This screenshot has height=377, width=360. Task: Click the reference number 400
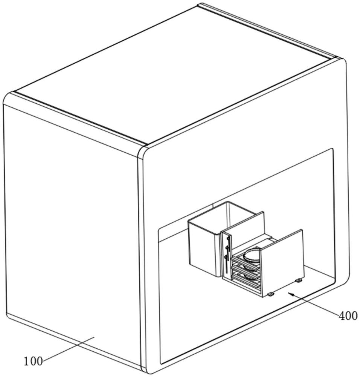(x=348, y=316)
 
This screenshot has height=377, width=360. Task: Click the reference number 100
(x=33, y=361)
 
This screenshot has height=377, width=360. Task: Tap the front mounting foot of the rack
(x=270, y=294)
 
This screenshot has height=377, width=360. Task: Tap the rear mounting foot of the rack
(x=299, y=280)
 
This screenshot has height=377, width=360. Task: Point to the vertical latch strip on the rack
(x=227, y=256)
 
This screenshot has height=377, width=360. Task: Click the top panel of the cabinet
(x=173, y=75)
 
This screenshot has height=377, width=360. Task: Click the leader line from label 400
(x=316, y=304)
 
